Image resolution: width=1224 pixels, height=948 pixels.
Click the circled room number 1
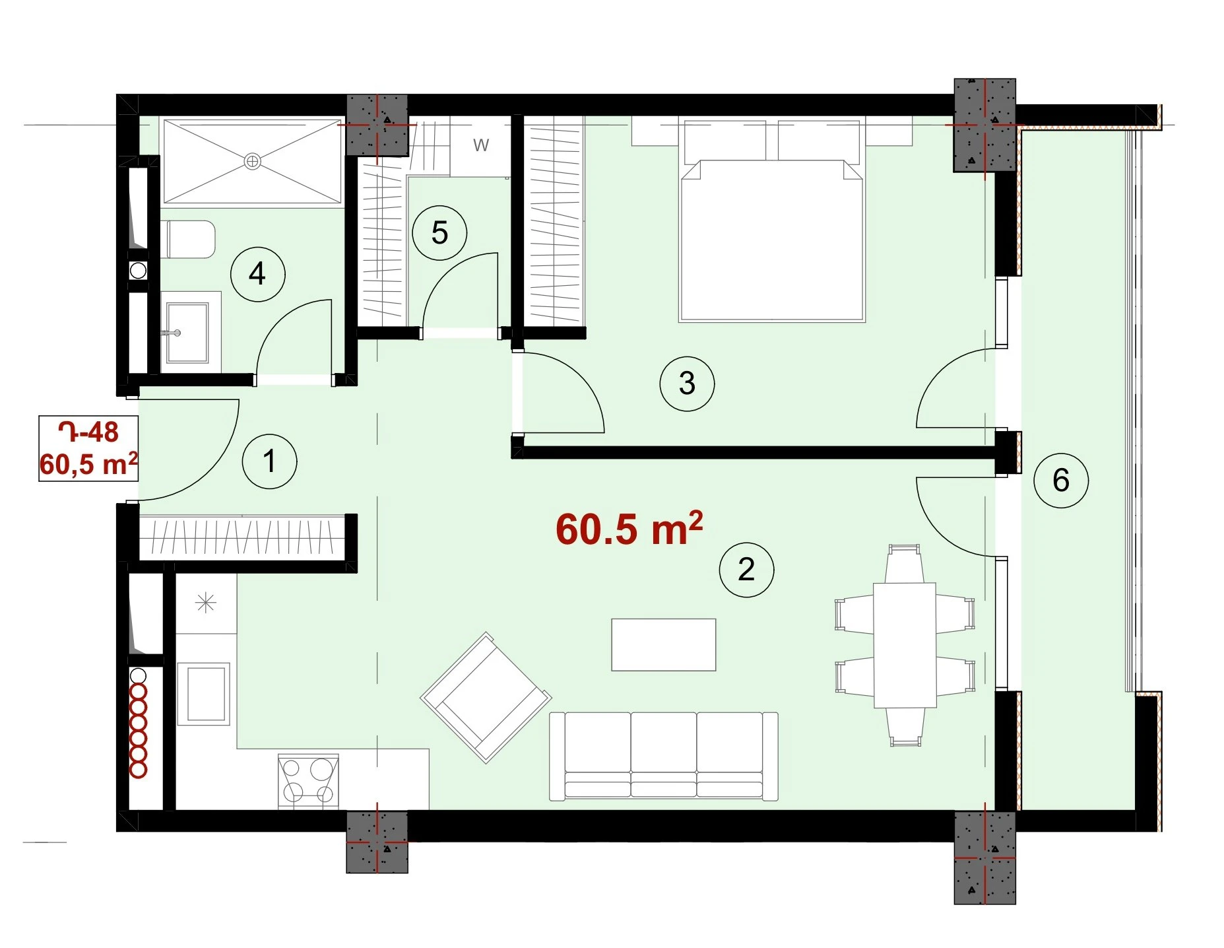click(x=269, y=461)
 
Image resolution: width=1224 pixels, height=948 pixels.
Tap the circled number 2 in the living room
click(x=746, y=569)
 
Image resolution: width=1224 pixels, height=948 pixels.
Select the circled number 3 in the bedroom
click(x=687, y=384)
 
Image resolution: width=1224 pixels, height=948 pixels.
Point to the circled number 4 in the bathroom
click(x=257, y=274)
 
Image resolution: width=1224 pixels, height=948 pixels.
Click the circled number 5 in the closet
click(x=439, y=233)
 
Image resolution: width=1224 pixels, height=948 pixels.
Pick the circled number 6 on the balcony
click(x=1061, y=480)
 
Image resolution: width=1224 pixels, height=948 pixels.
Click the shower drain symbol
click(x=252, y=161)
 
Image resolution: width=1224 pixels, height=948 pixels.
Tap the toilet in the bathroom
click(x=188, y=239)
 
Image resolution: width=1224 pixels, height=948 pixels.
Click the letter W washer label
click(x=481, y=145)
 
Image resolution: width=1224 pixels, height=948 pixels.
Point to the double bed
click(x=771, y=220)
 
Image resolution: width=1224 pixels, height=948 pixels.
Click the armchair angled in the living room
click(x=486, y=698)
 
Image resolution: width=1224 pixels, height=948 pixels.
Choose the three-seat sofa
click(x=664, y=757)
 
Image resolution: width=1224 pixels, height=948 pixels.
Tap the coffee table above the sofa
click(x=664, y=644)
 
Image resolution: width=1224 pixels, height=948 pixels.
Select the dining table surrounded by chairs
click(x=905, y=645)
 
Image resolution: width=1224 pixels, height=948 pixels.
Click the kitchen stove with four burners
click(x=308, y=782)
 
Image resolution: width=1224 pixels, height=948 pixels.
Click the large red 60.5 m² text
click(x=629, y=528)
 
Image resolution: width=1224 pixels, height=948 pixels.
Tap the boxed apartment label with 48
click(x=88, y=448)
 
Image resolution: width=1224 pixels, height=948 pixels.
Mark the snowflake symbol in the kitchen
click(x=206, y=603)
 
